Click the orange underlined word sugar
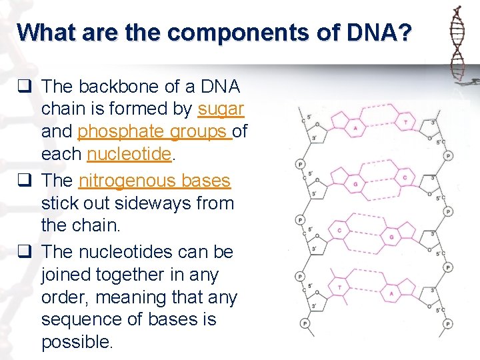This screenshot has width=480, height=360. point(221,109)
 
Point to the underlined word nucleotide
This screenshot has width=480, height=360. point(129,155)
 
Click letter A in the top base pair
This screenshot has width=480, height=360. point(355,128)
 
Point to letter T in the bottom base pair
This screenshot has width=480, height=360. point(340,287)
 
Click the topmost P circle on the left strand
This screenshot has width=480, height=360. point(300,163)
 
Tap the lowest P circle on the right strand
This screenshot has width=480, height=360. point(448,323)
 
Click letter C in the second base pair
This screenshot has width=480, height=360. point(405,178)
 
